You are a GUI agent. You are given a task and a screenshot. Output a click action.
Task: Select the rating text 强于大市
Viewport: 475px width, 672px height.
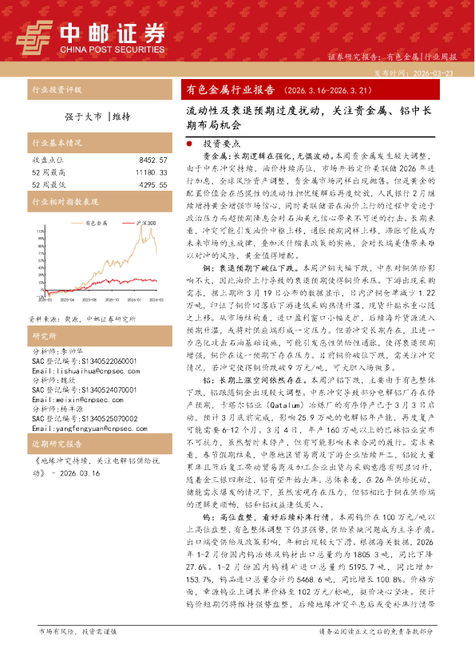(x=81, y=117)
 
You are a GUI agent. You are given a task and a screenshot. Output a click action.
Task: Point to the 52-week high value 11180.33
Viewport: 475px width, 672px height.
(x=151, y=172)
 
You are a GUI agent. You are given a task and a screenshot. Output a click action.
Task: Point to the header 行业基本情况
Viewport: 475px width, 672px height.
(x=57, y=144)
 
